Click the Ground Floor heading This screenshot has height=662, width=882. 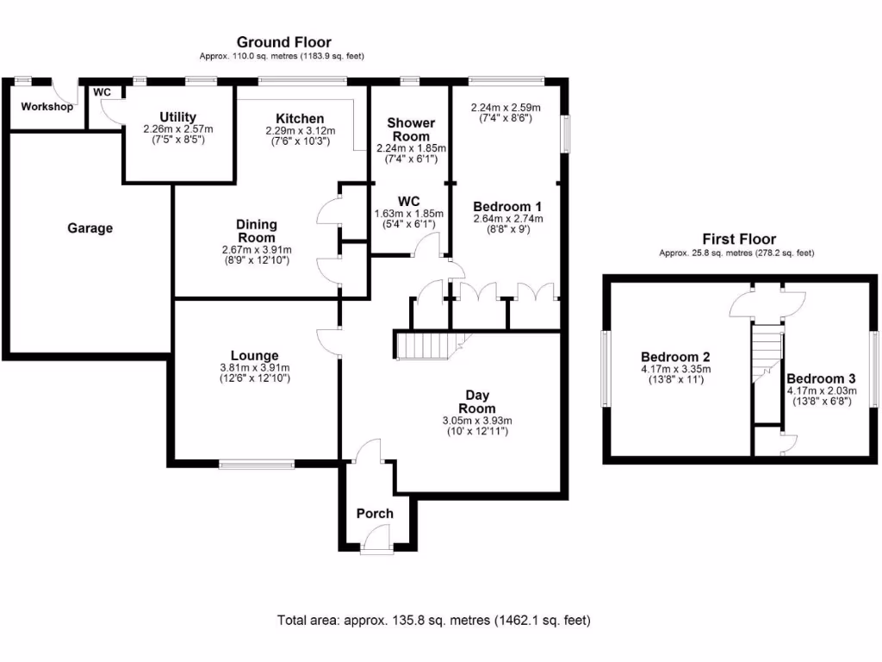[x=283, y=42]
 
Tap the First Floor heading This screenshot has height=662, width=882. [x=738, y=239]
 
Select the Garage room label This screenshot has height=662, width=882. [x=90, y=228]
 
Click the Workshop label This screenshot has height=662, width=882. [x=47, y=107]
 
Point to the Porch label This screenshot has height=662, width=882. [x=375, y=513]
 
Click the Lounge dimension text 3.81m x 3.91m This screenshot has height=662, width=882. [x=254, y=367]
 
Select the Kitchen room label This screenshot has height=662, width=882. [x=300, y=118]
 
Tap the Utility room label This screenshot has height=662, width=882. [x=178, y=117]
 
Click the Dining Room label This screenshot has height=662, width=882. [x=257, y=230]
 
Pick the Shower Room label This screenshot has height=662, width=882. [x=411, y=129]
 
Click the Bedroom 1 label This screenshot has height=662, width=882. [x=507, y=207]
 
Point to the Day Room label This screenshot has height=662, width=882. [x=476, y=401]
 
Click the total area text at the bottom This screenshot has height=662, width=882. [x=433, y=620]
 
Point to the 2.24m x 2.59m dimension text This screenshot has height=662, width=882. [x=506, y=109]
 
